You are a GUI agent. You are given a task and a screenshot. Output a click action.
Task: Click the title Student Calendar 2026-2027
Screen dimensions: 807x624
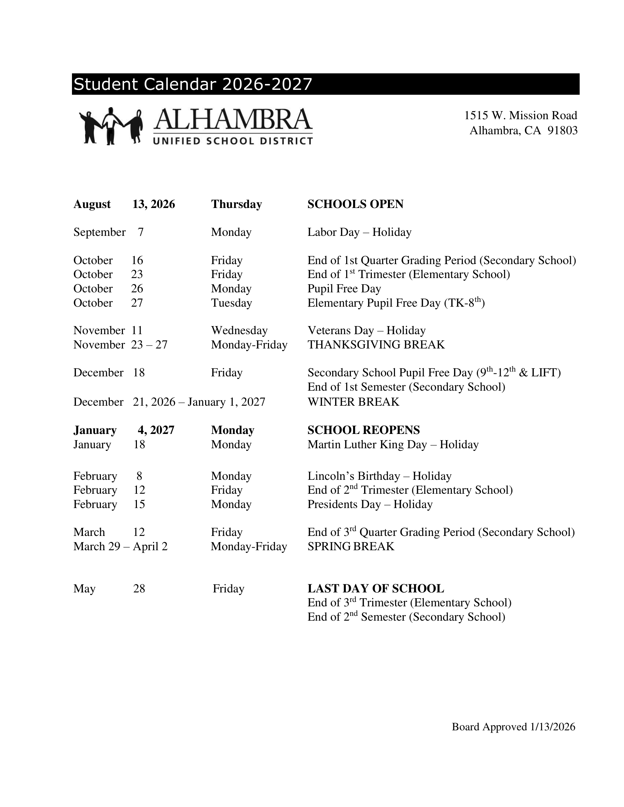tap(193, 84)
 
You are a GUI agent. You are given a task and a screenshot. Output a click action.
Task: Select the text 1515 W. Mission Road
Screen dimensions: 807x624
tap(520, 116)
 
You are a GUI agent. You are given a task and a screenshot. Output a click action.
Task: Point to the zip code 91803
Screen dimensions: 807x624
tap(562, 131)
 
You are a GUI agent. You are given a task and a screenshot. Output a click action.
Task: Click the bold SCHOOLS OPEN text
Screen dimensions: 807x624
tap(355, 204)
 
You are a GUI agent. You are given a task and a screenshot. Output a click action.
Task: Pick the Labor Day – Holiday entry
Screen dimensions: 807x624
tap(359, 233)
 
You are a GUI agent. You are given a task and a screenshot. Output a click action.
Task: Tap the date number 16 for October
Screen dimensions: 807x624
tap(137, 260)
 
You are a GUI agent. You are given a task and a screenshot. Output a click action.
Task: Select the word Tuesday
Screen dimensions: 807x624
tap(231, 303)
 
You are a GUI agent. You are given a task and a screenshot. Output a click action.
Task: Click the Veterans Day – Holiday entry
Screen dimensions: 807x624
tap(366, 331)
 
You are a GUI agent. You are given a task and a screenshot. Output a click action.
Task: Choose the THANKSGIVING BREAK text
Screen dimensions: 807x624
tap(376, 345)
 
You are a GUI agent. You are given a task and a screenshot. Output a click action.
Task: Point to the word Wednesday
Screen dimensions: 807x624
tap(239, 331)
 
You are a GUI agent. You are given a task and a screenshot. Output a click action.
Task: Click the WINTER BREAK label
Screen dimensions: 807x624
tap(353, 402)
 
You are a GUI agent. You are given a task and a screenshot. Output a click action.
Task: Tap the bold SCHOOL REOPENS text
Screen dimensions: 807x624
tap(363, 430)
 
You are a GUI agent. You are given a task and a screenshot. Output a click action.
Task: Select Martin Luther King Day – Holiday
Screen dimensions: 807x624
tap(393, 445)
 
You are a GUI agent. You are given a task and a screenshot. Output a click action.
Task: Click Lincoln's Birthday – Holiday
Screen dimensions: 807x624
tap(379, 476)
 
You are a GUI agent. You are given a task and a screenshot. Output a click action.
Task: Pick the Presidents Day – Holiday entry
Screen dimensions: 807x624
tap(370, 504)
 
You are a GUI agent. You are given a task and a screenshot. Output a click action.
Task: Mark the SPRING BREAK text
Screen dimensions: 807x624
tap(351, 547)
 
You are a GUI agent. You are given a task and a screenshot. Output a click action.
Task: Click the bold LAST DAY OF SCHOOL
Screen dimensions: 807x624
tap(376, 589)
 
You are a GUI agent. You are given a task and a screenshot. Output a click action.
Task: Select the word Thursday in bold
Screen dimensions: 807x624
tap(237, 204)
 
